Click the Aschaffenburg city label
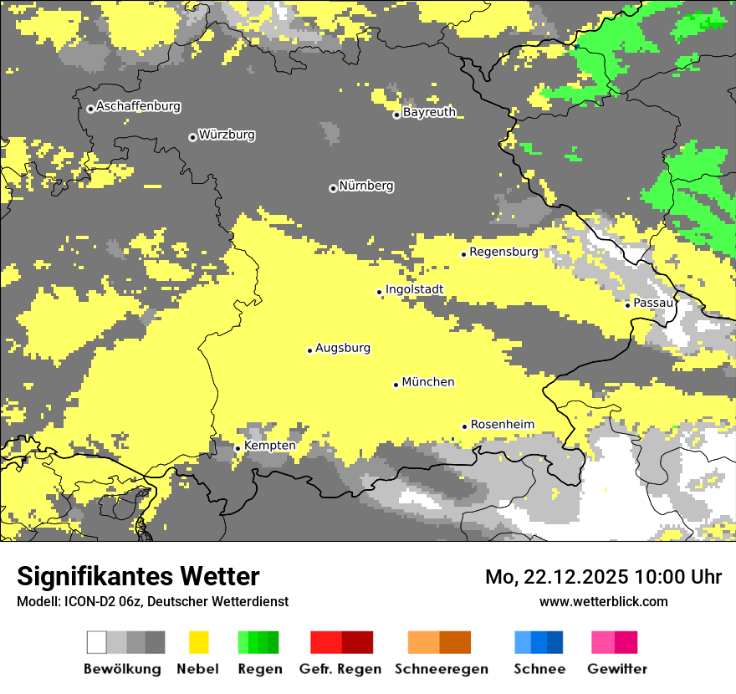point(138,106)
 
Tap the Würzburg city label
point(227,135)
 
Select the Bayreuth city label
point(429,112)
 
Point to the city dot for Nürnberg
point(333,188)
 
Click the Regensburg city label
point(503,252)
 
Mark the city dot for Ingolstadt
point(379,292)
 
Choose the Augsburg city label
point(343,348)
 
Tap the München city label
point(428,382)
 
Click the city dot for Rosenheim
point(464,426)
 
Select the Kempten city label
point(269,446)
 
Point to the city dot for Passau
point(627,304)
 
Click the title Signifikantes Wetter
point(138,577)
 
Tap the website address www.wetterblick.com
point(604,601)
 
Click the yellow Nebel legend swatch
point(198,642)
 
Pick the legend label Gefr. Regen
point(340,669)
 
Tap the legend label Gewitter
point(616,669)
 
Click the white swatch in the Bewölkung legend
point(97,642)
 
